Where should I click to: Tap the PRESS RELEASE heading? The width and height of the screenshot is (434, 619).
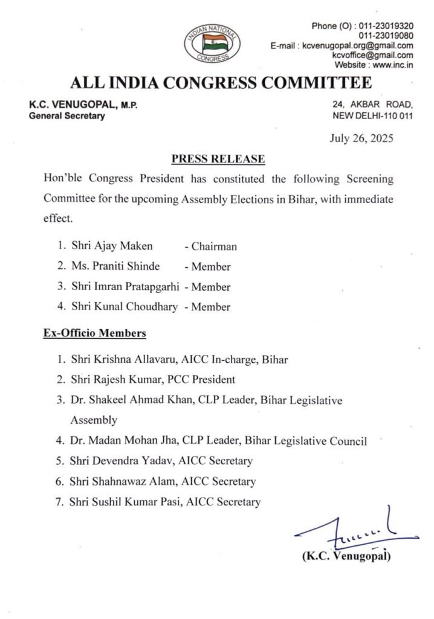point(218,159)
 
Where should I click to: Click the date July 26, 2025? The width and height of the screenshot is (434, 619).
point(361,138)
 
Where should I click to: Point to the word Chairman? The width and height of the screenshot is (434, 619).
point(215,247)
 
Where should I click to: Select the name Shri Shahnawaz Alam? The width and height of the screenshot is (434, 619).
point(117,481)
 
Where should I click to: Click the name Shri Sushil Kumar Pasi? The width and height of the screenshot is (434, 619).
point(121,501)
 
